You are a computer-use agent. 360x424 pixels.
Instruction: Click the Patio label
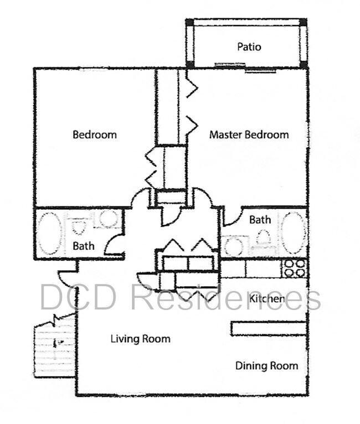(249, 47)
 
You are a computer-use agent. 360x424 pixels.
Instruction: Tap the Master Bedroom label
(249, 135)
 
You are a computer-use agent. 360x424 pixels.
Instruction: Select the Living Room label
(140, 339)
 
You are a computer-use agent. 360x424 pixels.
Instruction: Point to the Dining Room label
(267, 366)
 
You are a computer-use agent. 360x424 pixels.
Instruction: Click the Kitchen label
(267, 299)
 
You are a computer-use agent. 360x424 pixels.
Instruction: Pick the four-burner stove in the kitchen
(295, 268)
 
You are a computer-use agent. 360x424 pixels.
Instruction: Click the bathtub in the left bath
(49, 234)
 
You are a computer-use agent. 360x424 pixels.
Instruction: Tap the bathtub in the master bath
(293, 233)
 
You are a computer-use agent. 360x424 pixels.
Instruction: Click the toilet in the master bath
(264, 239)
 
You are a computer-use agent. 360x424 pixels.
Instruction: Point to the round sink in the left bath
(108, 219)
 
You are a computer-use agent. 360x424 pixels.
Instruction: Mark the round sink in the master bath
(233, 246)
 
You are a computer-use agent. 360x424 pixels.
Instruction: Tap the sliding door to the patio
(245, 68)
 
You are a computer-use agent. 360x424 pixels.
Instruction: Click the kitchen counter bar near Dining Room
(269, 329)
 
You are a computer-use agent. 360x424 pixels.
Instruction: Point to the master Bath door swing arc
(233, 216)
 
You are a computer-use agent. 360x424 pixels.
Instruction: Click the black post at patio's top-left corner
(190, 22)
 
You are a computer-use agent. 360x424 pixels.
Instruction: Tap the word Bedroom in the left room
(95, 135)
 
